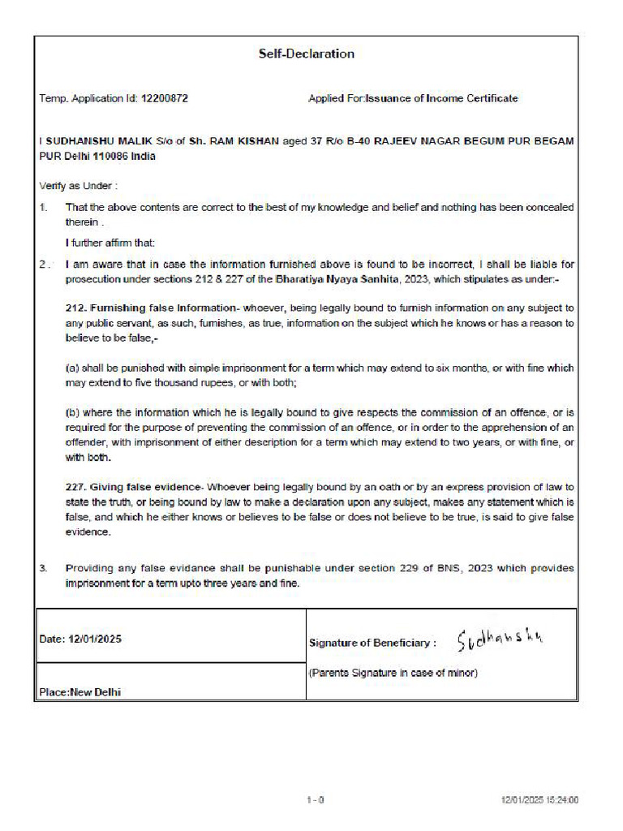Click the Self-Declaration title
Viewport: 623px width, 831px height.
(307, 54)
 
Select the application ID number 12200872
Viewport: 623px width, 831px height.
(165, 98)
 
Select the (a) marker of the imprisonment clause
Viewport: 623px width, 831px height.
(71, 368)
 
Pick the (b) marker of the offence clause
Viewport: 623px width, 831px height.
(71, 414)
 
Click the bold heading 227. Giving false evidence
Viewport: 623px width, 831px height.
(132, 488)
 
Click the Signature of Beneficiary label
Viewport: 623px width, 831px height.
(372, 643)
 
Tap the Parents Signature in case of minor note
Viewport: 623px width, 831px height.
(393, 673)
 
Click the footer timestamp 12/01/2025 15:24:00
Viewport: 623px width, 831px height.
(539, 800)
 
